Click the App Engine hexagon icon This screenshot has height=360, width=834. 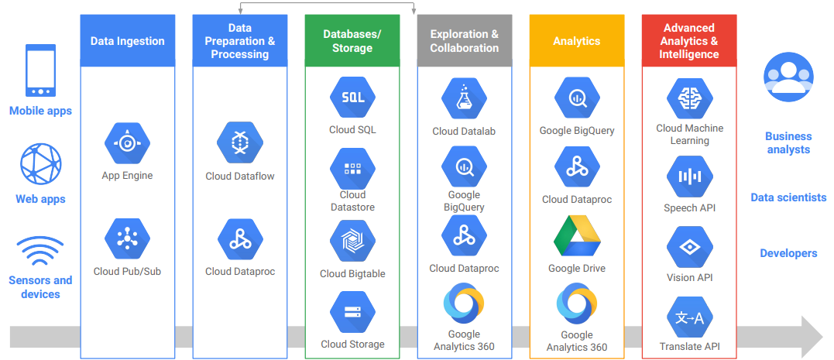(x=127, y=144)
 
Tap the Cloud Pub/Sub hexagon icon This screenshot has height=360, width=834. (x=127, y=239)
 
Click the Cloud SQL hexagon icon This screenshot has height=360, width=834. (x=352, y=98)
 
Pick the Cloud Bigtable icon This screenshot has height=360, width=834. (x=352, y=241)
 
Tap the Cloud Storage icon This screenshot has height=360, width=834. (x=352, y=312)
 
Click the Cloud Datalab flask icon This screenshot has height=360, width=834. (x=464, y=99)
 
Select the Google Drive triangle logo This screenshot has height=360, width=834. (x=577, y=237)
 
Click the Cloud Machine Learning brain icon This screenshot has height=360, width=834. (x=689, y=98)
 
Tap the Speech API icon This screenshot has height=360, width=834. (x=689, y=177)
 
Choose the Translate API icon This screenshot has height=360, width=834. (x=689, y=318)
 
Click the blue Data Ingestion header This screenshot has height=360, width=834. (x=128, y=41)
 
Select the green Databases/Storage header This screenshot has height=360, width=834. (x=352, y=41)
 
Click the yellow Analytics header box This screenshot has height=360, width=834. (x=577, y=41)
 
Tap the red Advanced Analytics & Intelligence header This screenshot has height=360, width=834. (x=689, y=41)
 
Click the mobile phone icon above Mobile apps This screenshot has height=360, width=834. (x=40, y=70)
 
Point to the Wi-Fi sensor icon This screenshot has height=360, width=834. (x=40, y=252)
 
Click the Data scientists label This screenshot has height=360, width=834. (x=788, y=197)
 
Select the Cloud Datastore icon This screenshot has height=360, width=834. (x=352, y=169)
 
